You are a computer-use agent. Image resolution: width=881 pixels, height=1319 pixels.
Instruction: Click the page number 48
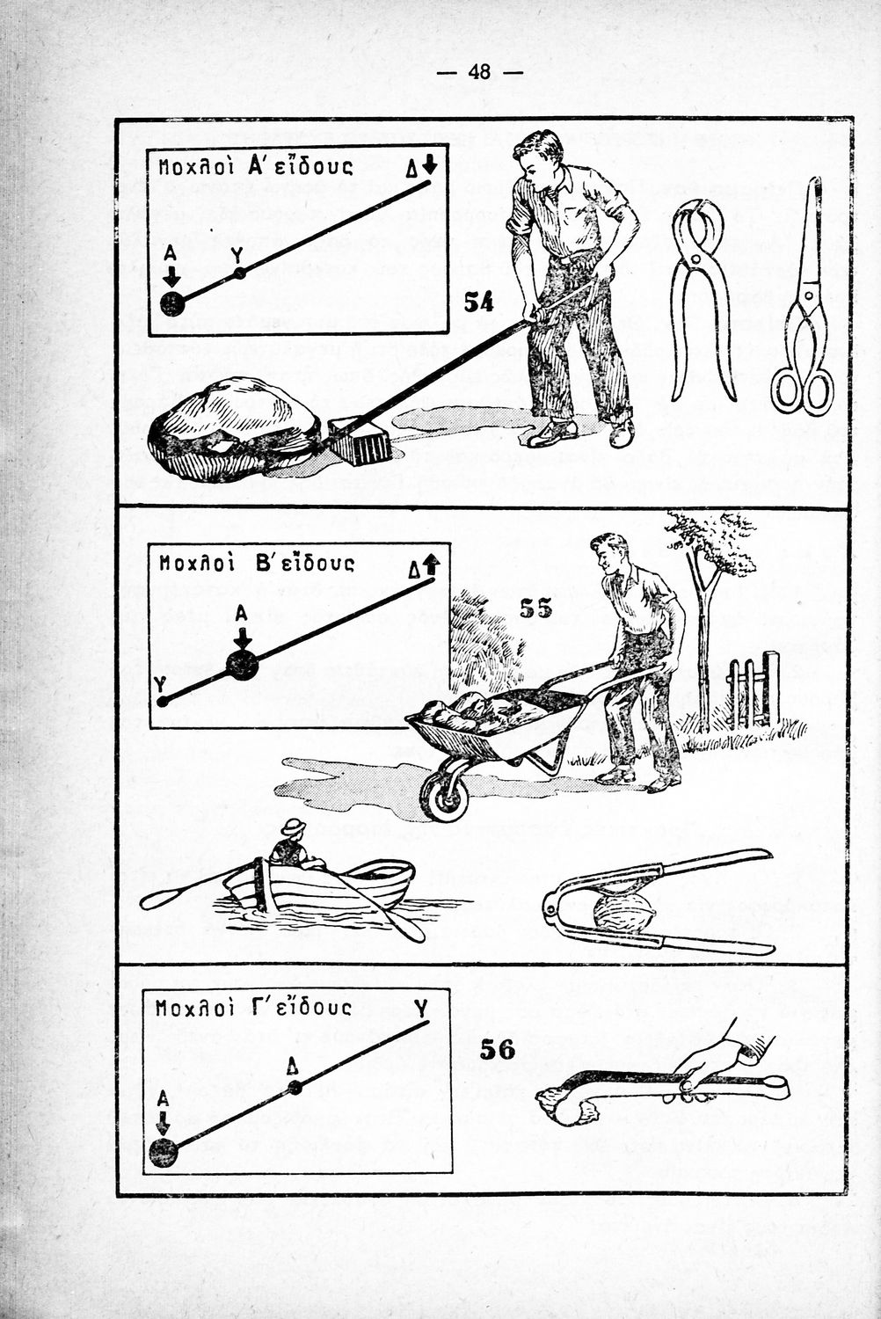(x=479, y=72)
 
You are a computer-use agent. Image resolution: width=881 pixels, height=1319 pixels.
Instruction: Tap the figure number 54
(x=478, y=302)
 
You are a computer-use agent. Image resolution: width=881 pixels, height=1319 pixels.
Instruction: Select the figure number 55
(x=535, y=608)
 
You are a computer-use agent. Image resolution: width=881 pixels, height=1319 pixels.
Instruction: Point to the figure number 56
(x=497, y=1049)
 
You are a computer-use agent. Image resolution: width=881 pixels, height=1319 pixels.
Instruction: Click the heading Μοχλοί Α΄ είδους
(x=255, y=167)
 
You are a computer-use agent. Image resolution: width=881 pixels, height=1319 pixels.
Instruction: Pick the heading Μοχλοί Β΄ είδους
(x=256, y=563)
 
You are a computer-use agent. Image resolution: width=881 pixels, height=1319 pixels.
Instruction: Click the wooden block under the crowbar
(x=360, y=440)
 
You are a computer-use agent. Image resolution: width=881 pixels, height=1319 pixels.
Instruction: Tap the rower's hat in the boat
(x=293, y=827)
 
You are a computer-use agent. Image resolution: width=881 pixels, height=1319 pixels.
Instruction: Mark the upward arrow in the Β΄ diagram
(x=432, y=565)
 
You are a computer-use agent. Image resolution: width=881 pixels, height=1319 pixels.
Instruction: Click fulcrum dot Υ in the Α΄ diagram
(x=239, y=273)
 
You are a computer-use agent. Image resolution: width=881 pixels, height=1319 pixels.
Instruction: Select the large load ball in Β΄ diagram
(x=243, y=665)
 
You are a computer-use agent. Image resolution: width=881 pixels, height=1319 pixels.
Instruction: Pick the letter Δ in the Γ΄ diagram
(x=292, y=1067)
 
